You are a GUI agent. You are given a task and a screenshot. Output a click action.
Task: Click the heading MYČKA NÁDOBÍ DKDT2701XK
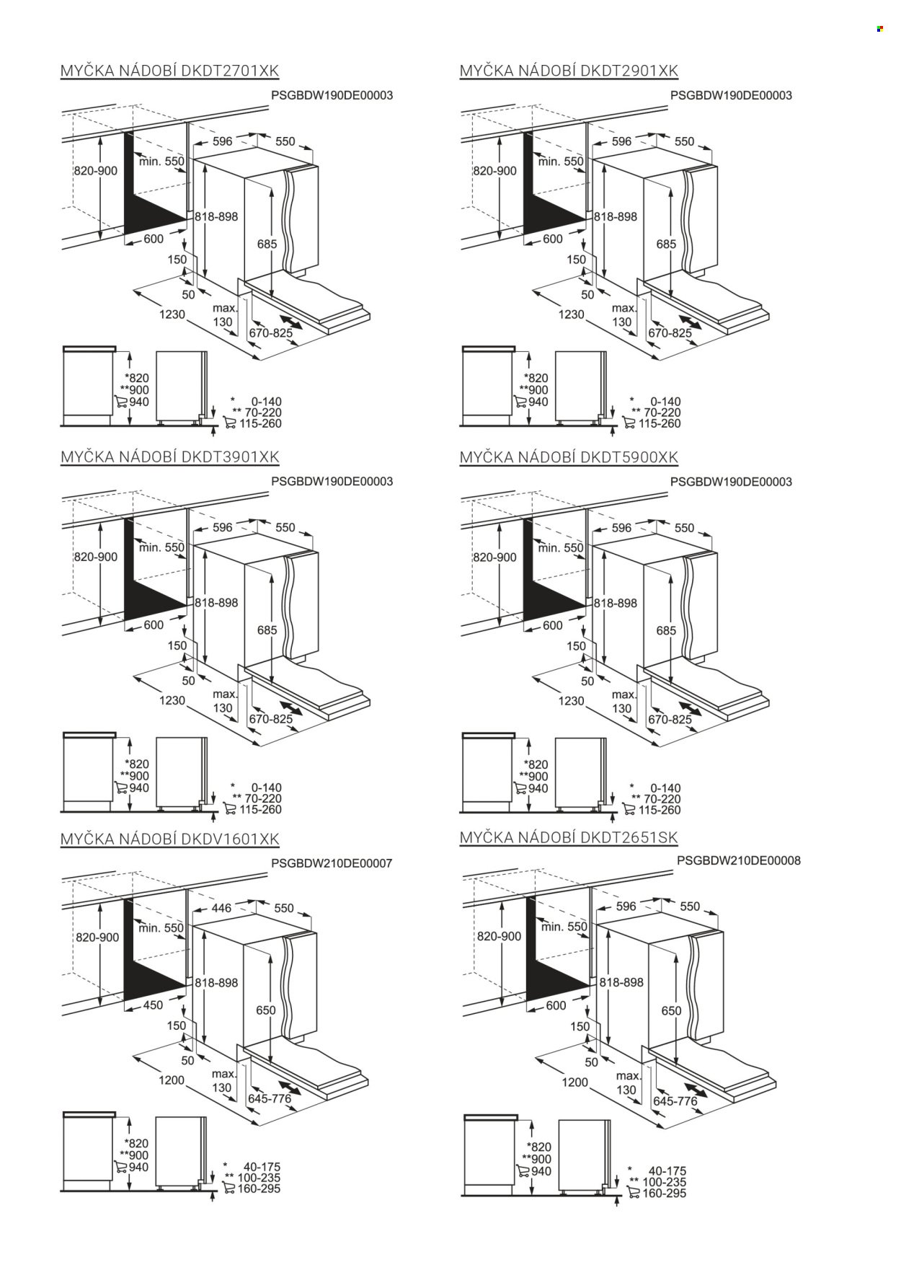click(x=169, y=70)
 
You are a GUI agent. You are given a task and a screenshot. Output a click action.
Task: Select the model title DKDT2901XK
click(x=569, y=70)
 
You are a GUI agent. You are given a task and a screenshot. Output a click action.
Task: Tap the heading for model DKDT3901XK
click(x=169, y=456)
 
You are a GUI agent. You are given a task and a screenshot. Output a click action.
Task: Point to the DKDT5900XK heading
click(x=569, y=456)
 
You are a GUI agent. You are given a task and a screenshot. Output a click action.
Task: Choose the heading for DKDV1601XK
click(x=169, y=839)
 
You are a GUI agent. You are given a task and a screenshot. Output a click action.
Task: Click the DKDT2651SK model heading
click(x=569, y=837)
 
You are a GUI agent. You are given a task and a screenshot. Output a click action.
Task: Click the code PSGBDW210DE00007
click(x=332, y=863)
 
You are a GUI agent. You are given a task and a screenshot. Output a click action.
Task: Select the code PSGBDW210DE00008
click(x=738, y=860)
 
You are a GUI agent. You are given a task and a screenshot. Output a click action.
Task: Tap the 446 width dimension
click(x=222, y=907)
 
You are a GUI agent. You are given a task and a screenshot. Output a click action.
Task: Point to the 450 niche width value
click(x=154, y=1005)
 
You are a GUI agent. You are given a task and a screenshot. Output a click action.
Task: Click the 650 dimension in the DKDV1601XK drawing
click(x=266, y=1010)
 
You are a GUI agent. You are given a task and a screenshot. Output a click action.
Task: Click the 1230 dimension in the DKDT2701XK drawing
click(x=172, y=314)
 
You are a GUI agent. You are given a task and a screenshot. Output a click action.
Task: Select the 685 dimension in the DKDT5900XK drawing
click(x=666, y=630)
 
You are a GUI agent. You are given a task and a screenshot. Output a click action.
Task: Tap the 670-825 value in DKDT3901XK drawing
click(x=270, y=719)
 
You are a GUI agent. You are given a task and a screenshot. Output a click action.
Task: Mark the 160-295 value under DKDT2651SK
click(x=665, y=1193)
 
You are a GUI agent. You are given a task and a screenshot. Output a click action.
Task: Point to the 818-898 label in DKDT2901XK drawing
click(x=616, y=216)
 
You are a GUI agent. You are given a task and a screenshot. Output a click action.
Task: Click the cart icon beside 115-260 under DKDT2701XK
click(x=231, y=423)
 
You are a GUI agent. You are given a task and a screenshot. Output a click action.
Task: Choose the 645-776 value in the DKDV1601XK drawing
click(x=270, y=1098)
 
